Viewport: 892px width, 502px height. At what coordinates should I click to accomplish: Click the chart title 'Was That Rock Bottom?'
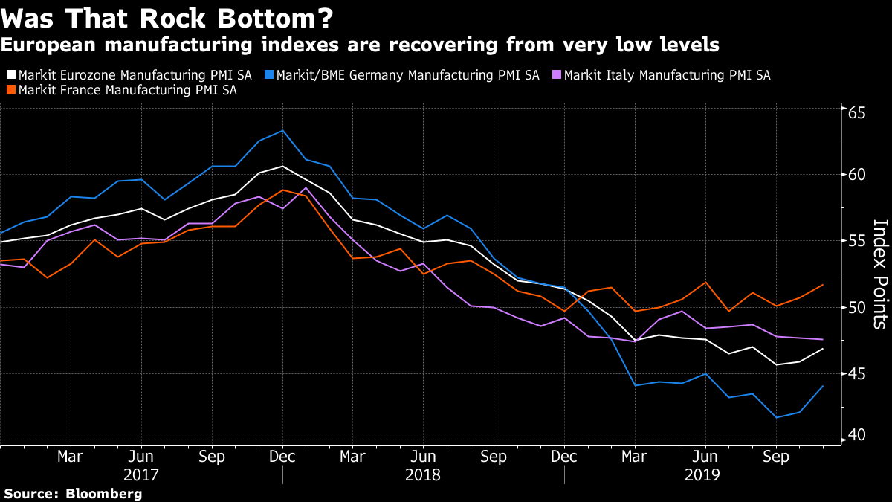(x=167, y=16)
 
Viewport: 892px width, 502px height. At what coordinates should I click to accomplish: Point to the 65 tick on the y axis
(x=857, y=113)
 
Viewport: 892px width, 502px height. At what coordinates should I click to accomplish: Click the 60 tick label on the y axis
(x=857, y=174)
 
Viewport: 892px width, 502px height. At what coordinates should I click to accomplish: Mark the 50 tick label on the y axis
(x=857, y=307)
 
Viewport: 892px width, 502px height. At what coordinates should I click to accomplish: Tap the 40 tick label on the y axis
(x=857, y=435)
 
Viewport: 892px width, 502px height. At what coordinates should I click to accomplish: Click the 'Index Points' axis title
(x=879, y=274)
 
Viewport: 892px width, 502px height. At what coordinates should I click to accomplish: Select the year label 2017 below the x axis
(x=141, y=474)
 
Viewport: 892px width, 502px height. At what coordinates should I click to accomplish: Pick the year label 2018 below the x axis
(x=423, y=474)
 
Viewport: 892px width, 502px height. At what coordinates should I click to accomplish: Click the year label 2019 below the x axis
(x=705, y=474)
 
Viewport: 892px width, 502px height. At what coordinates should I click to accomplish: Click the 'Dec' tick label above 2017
(x=282, y=456)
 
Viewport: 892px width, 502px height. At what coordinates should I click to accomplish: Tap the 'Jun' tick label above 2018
(x=423, y=456)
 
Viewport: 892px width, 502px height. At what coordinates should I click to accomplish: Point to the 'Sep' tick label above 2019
(x=776, y=456)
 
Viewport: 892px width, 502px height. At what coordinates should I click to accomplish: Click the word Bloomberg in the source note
(x=105, y=493)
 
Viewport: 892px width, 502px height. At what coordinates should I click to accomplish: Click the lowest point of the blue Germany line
(x=776, y=417)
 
